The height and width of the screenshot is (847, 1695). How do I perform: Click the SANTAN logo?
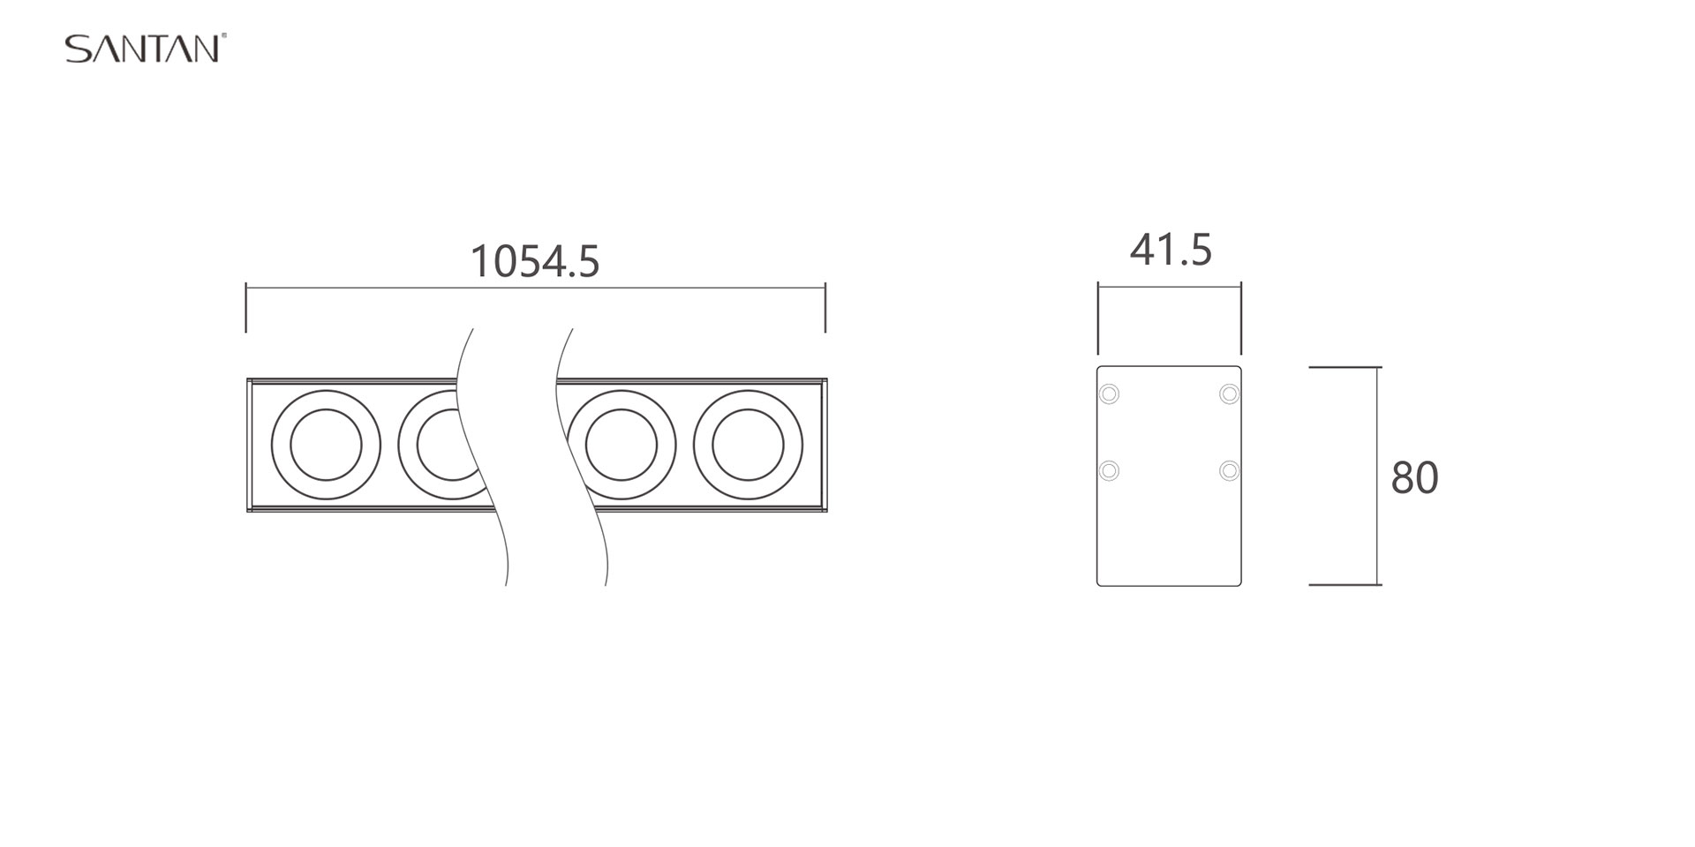pyautogui.click(x=146, y=49)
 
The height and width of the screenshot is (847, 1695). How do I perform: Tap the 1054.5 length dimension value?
pyautogui.click(x=535, y=261)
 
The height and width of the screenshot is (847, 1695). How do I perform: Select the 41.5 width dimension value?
pyautogui.click(x=1171, y=250)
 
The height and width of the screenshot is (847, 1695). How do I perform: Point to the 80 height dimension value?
pyautogui.click(x=1414, y=477)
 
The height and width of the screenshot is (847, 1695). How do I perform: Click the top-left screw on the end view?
pyautogui.click(x=1109, y=394)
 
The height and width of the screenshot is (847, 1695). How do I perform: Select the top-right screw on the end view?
pyautogui.click(x=1229, y=394)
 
